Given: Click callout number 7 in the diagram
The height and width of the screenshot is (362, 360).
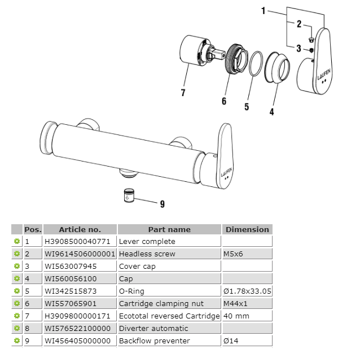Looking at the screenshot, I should [183, 93].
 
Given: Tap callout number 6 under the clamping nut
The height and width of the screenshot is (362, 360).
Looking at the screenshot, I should [223, 101].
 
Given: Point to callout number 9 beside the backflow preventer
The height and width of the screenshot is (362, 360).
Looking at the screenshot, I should [162, 204].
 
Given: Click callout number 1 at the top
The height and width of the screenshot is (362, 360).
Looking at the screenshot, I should [264, 11].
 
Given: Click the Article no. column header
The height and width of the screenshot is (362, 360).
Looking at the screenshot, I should [80, 229].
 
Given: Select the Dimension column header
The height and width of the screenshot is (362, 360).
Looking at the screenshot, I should [247, 229].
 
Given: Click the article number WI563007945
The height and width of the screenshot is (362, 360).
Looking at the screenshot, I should [71, 266].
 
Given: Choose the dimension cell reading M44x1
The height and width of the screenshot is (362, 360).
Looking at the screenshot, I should [235, 303].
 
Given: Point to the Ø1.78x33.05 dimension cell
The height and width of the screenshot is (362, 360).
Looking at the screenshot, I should [248, 291].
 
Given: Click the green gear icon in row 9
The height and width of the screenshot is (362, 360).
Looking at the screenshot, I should [17, 341].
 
